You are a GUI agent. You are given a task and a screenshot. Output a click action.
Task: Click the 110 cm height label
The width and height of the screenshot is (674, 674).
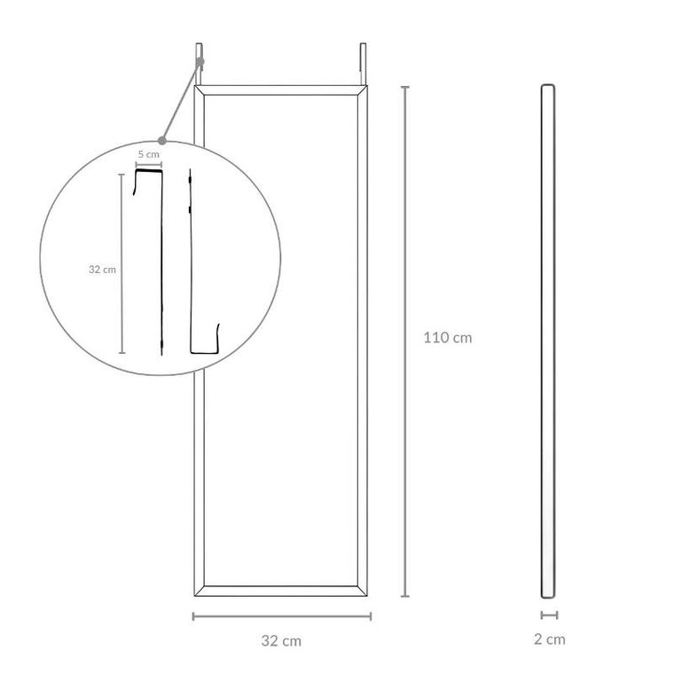448,337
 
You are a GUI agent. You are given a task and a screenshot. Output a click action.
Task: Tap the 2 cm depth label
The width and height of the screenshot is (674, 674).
549,639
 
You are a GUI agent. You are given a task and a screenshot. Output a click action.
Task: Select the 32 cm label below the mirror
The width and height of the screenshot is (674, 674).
281,641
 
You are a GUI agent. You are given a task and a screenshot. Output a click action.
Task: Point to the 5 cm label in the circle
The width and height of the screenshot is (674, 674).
149,154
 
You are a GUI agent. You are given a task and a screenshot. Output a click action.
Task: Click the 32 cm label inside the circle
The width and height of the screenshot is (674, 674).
102,270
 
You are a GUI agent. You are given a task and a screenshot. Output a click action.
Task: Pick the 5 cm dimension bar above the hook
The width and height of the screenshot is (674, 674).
149,165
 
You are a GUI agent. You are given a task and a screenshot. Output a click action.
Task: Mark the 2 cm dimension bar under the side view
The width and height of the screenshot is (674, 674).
549,615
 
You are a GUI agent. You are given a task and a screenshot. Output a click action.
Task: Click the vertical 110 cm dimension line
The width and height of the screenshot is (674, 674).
405,341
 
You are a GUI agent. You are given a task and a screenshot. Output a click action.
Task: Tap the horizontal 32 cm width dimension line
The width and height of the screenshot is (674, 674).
282,616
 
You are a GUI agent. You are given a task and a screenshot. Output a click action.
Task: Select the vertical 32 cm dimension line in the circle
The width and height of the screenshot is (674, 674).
121,263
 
